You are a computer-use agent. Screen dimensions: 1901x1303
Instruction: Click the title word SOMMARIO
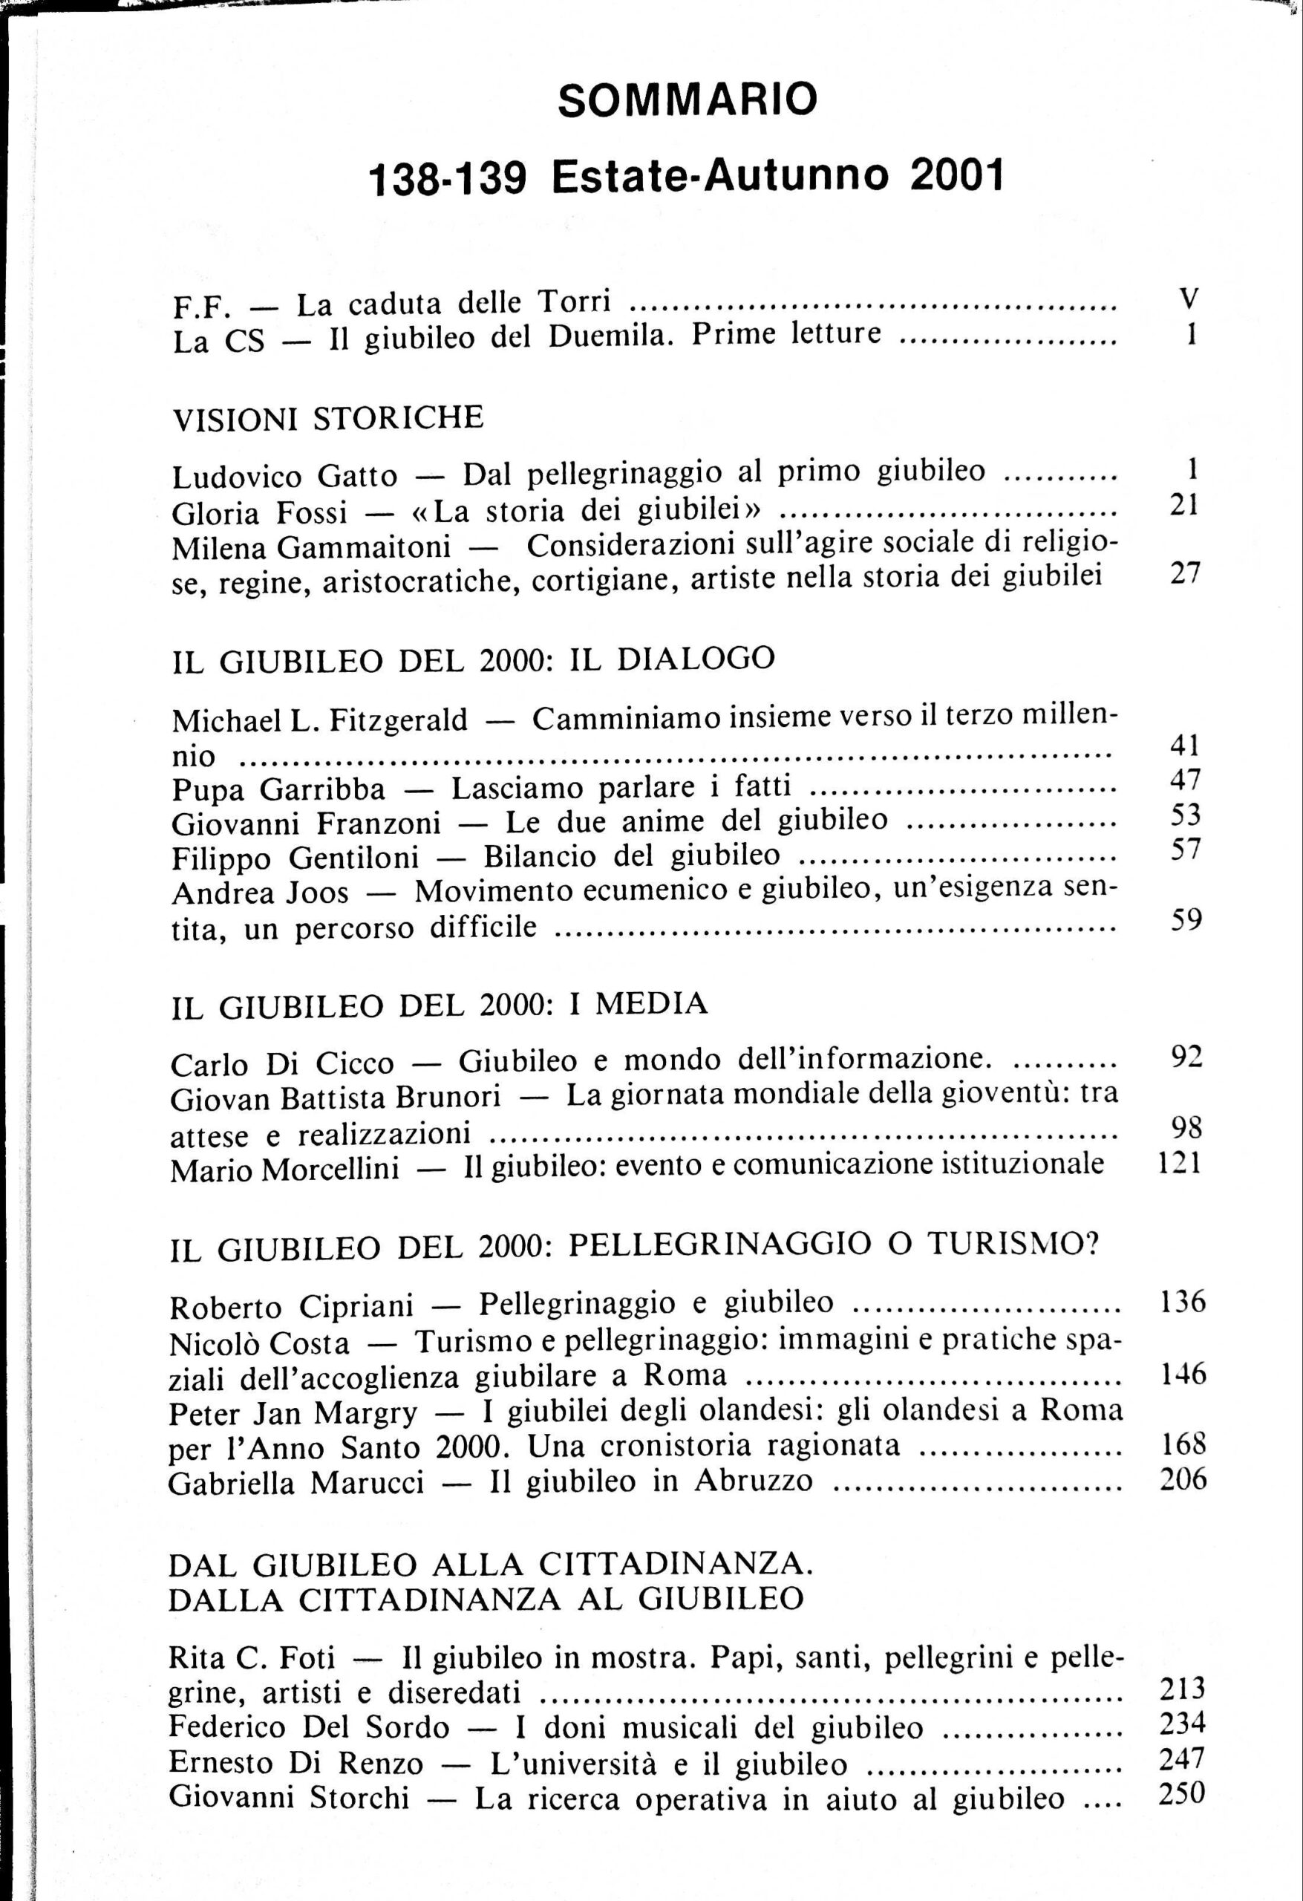pos(687,100)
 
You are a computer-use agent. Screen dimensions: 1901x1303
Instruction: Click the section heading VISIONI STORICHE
pos(328,418)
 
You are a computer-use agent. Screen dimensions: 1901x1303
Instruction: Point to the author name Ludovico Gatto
pos(284,475)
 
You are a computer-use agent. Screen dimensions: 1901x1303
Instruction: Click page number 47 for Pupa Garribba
pos(1184,780)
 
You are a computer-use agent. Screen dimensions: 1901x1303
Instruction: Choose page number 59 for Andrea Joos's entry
pos(1186,920)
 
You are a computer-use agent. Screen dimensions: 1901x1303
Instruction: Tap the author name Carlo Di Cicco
pos(282,1064)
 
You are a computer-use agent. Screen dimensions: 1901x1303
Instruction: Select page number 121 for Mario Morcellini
pos(1180,1162)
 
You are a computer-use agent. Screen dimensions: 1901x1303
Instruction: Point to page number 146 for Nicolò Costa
pos(1183,1375)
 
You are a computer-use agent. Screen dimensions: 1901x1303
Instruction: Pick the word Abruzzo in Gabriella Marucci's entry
pos(754,1481)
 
